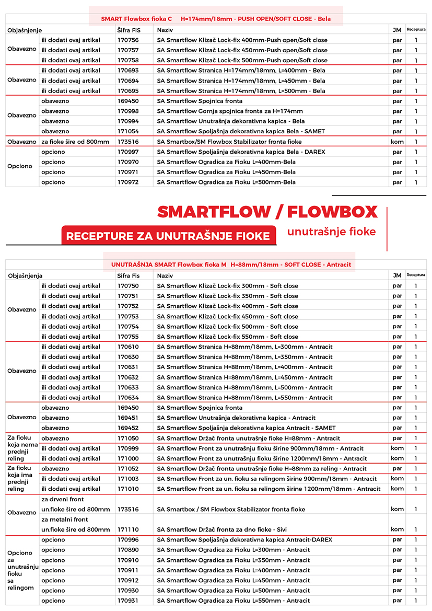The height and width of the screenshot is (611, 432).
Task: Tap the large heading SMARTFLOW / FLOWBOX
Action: pos(267,212)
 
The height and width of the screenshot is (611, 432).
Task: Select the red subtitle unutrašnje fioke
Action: pos(331,232)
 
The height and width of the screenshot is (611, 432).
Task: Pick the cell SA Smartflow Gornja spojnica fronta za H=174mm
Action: pos(230,111)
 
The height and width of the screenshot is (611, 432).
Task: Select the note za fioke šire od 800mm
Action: pos(75,142)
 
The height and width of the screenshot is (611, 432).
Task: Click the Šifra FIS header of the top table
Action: pos(129,30)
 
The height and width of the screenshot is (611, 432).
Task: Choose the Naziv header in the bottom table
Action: pos(165,275)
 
